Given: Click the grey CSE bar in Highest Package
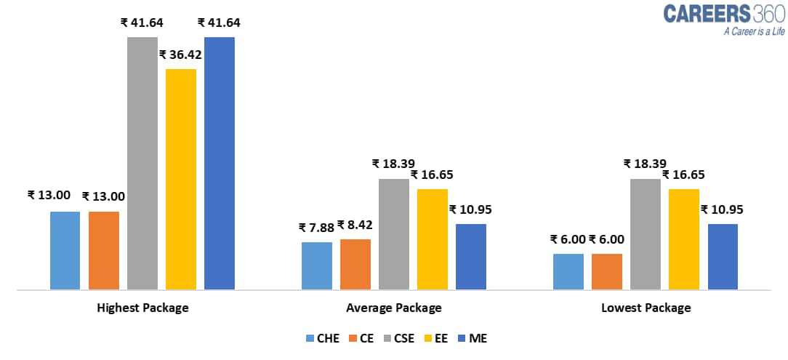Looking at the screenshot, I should pyautogui.click(x=142, y=163).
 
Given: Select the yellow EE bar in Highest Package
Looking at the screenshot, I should pyautogui.click(x=181, y=179).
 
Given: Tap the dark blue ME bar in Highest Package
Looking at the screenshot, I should pyautogui.click(x=220, y=163).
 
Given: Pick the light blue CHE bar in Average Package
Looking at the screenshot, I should pyautogui.click(x=316, y=265).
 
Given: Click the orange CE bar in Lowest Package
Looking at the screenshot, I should pyautogui.click(x=607, y=271).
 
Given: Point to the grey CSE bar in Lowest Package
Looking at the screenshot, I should pyautogui.click(x=646, y=234).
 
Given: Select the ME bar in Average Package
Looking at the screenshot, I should pyautogui.click(x=470, y=257).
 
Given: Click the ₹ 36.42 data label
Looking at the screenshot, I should pyautogui.click(x=180, y=55).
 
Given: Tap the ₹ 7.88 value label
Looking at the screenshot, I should pyautogui.click(x=316, y=228).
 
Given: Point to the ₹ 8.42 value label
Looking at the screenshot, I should pyautogui.click(x=355, y=225).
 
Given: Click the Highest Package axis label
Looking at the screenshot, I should pyautogui.click(x=142, y=308).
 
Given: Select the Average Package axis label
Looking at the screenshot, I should pyautogui.click(x=393, y=308).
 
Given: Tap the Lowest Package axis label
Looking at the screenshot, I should pyautogui.click(x=646, y=308).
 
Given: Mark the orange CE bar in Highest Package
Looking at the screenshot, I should pyautogui.click(x=104, y=250).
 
